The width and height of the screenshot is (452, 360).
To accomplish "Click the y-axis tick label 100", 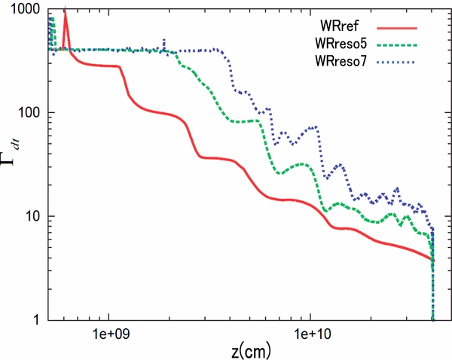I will [x=30, y=113].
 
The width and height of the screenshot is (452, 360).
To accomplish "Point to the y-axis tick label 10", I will [x=34, y=217].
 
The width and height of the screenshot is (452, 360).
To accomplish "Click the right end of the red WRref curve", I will [x=432, y=260].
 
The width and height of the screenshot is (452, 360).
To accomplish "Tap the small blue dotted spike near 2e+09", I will [x=164, y=41].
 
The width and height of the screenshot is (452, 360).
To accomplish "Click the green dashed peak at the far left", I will [x=51, y=18].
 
